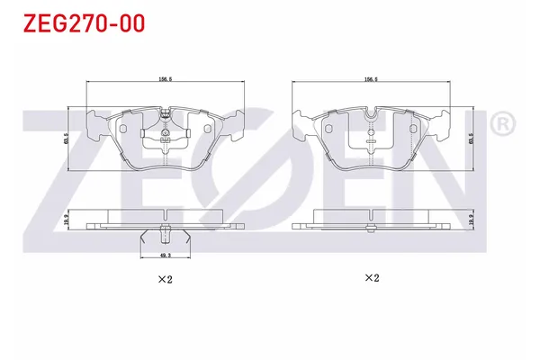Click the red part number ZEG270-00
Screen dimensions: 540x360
pyautogui.click(x=84, y=23)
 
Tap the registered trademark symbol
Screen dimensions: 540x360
pyautogui.click(x=503, y=124)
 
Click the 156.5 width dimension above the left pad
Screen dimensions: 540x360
pyautogui.click(x=165, y=79)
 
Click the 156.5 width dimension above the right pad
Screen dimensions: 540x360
pyautogui.click(x=371, y=79)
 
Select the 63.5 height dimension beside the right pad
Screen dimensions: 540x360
pyautogui.click(x=471, y=139)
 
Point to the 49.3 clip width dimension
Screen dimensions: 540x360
pyautogui.click(x=166, y=256)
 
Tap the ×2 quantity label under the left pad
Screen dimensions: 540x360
pyautogui.click(x=165, y=279)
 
